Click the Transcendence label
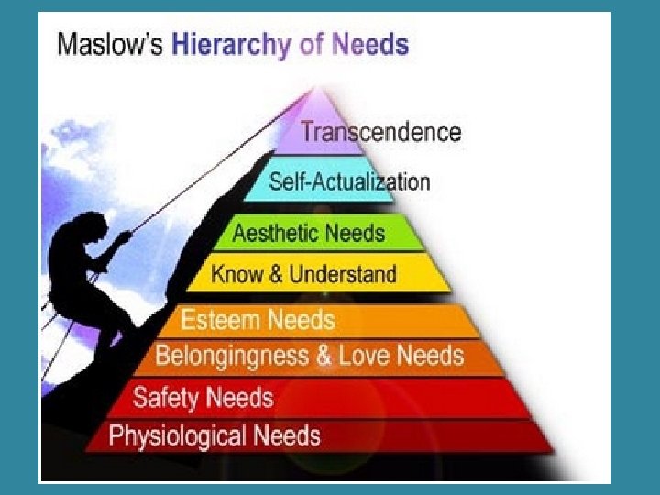(380, 132)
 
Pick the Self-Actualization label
(348, 181)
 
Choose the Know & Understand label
(303, 273)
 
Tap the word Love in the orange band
(365, 355)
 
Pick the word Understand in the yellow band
(343, 273)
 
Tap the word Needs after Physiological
(287, 434)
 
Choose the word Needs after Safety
(239, 398)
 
